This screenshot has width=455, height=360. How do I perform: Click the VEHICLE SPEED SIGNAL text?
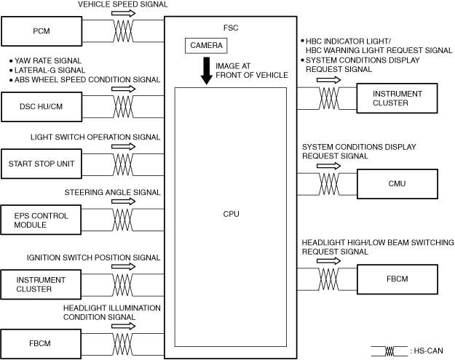point(122,4)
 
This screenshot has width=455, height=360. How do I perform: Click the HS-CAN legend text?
point(427,351)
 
